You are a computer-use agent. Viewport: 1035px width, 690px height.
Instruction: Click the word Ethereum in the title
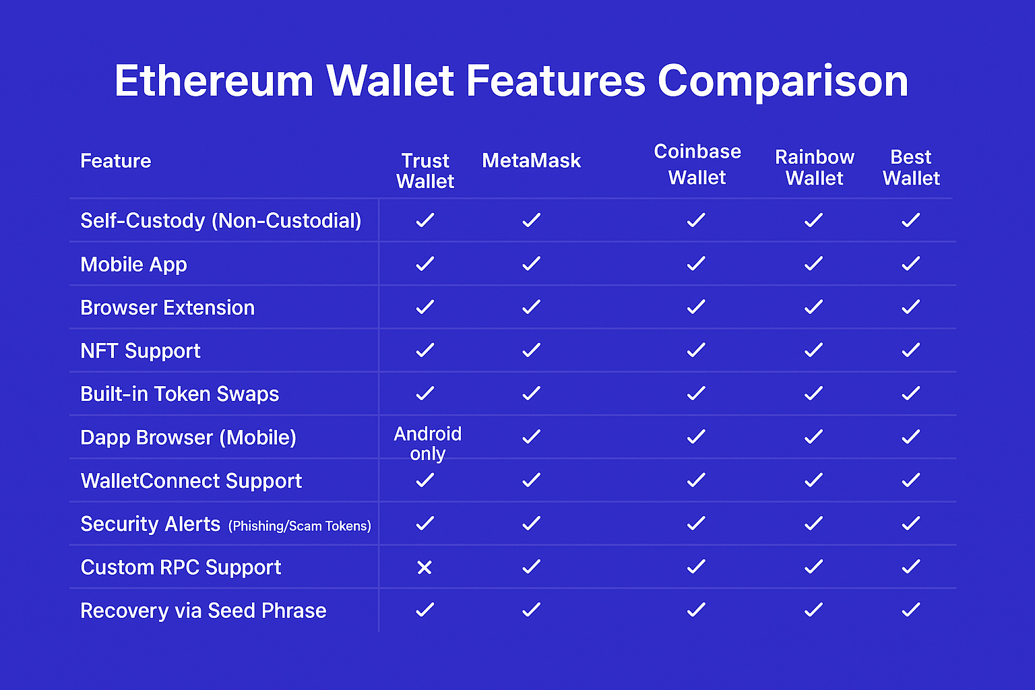click(214, 82)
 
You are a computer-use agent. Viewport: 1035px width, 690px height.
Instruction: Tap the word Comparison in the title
click(782, 82)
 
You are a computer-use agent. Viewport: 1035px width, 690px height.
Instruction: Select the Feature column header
click(116, 161)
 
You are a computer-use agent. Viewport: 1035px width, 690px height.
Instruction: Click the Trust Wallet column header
click(425, 171)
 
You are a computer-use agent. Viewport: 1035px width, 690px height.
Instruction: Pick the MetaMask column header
click(531, 161)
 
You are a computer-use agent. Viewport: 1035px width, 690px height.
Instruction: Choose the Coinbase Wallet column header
click(697, 164)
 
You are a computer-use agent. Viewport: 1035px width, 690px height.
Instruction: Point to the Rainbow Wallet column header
click(815, 168)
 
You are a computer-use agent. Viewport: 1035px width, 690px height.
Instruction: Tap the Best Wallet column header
click(911, 168)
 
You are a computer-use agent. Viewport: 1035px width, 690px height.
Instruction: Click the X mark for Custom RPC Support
click(425, 567)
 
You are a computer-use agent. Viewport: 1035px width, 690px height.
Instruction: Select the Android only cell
click(427, 443)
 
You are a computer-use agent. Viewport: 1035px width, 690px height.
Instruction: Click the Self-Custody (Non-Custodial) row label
click(220, 221)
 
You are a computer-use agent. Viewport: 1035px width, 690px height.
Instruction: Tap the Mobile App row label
click(133, 265)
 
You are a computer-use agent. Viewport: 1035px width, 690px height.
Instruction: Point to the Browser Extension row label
click(167, 308)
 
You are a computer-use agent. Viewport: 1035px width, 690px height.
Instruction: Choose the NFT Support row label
click(140, 351)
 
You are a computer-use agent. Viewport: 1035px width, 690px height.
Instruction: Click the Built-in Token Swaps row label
click(179, 394)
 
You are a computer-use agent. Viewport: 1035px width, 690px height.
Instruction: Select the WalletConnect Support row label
click(191, 481)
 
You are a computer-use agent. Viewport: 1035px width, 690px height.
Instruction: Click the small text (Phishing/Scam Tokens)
click(300, 526)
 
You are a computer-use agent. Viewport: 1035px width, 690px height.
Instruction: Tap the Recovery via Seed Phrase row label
click(203, 611)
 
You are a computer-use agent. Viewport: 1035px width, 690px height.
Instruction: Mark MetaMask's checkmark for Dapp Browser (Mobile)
click(531, 437)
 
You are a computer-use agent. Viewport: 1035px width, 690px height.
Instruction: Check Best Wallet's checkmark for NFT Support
click(911, 350)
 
